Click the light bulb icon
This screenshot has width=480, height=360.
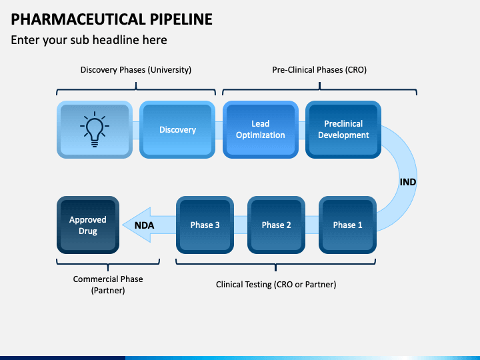tap(95, 129)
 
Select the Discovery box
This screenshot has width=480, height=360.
tap(177, 129)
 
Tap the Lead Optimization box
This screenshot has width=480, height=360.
tap(261, 129)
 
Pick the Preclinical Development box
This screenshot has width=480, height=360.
tap(343, 129)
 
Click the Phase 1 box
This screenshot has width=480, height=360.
tap(347, 225)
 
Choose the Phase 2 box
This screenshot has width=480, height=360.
tap(276, 225)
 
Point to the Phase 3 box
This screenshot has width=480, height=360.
tap(205, 225)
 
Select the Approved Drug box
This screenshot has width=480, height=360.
tap(88, 225)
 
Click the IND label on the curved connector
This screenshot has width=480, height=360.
tap(408, 182)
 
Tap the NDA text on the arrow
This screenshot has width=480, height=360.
tap(144, 225)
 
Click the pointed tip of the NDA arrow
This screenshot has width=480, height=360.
tap(123, 225)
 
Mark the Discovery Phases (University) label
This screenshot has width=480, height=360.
tap(136, 70)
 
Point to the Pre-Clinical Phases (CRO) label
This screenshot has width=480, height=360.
tap(319, 70)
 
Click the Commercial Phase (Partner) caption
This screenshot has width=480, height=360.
tap(108, 285)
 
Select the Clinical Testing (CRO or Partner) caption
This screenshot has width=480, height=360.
tap(276, 285)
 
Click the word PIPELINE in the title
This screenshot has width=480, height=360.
tap(181, 19)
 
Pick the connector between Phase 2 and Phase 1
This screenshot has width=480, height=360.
tap(312, 225)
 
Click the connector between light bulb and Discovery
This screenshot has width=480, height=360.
tap(136, 130)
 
